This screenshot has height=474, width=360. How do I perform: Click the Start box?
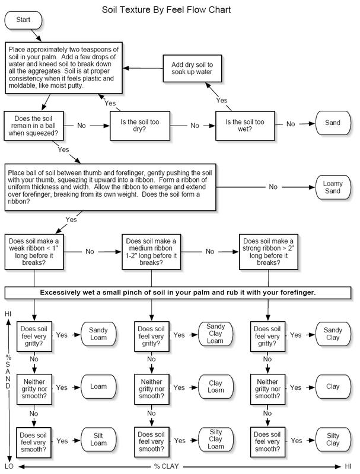[23, 20]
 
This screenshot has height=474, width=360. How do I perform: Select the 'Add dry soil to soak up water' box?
[192, 68]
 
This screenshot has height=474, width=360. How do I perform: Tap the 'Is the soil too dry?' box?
[140, 126]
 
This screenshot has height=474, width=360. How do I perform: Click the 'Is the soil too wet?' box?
[245, 126]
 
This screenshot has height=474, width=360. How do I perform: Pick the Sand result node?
[333, 123]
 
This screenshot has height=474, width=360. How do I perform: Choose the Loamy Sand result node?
[333, 187]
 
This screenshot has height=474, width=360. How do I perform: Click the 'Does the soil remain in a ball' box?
[34, 126]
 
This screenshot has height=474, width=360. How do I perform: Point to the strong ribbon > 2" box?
[269, 252]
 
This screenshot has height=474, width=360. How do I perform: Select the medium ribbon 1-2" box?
[151, 252]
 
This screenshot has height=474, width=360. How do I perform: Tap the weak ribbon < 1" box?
[34, 252]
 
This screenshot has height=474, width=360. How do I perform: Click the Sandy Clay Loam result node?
[216, 334]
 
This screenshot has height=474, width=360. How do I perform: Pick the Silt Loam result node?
[98, 440]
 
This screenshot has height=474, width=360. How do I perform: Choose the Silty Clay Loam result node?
[216, 439]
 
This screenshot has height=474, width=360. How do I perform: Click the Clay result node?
[333, 387]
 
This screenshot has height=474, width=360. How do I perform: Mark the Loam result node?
[98, 387]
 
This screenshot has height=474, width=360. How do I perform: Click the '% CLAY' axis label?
[167, 466]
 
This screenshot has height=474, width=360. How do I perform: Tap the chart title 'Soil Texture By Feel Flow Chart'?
[167, 10]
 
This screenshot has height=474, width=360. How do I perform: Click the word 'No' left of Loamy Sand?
[273, 187]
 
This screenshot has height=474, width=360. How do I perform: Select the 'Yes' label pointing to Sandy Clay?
[295, 335]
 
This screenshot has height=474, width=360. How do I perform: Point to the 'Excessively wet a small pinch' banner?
[178, 293]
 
